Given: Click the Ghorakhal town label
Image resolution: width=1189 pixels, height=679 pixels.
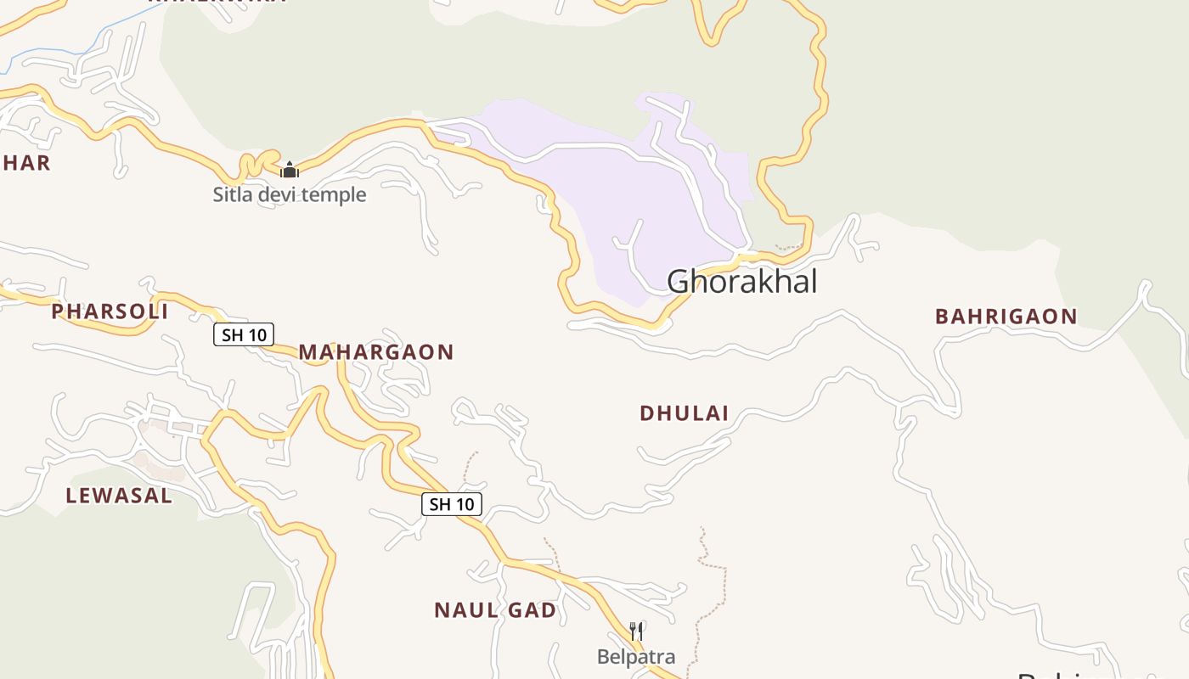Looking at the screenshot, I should [x=741, y=282].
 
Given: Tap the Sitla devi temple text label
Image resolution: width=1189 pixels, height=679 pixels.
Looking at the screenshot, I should [x=290, y=194].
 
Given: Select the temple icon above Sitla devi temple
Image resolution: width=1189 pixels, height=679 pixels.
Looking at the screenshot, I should [x=290, y=170].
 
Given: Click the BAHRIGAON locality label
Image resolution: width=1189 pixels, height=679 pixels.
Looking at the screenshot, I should [x=1006, y=317].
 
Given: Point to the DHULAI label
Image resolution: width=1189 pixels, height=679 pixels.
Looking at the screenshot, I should [x=684, y=413].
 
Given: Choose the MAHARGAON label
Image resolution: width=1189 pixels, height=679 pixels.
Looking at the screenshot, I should [x=375, y=352].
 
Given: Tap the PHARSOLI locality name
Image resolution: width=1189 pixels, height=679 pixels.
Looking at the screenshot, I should [x=110, y=311].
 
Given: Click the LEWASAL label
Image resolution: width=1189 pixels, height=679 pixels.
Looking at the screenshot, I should [x=119, y=496].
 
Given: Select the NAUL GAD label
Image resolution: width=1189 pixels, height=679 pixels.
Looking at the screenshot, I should [x=495, y=610].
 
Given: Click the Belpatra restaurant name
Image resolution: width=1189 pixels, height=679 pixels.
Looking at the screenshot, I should [x=636, y=657].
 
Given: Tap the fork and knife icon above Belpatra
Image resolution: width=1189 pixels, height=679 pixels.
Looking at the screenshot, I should [x=636, y=631].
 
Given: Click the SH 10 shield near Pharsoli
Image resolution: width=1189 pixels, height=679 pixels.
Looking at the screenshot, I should [x=244, y=335].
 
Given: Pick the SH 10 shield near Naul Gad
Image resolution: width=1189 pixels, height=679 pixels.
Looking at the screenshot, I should [x=452, y=504].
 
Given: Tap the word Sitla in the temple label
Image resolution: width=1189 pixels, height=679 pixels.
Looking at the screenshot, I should [x=231, y=194].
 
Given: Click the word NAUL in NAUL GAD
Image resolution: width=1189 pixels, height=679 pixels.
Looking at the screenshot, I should [x=465, y=610].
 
